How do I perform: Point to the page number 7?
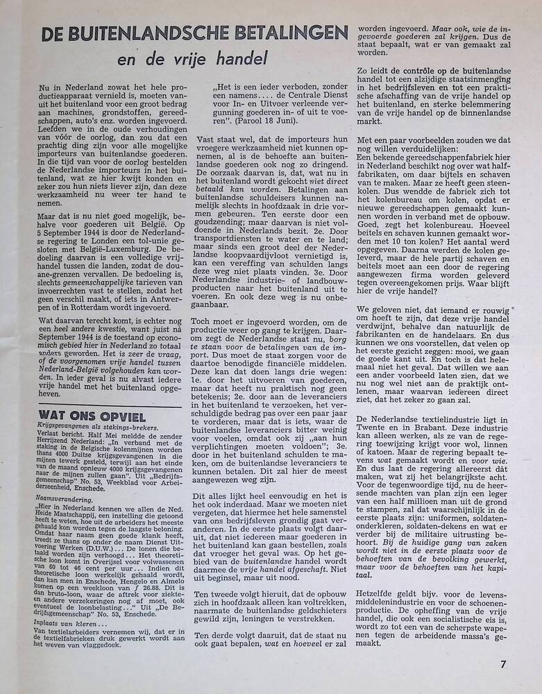[x=502, y=663]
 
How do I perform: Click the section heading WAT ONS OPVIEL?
[x=92, y=416]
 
